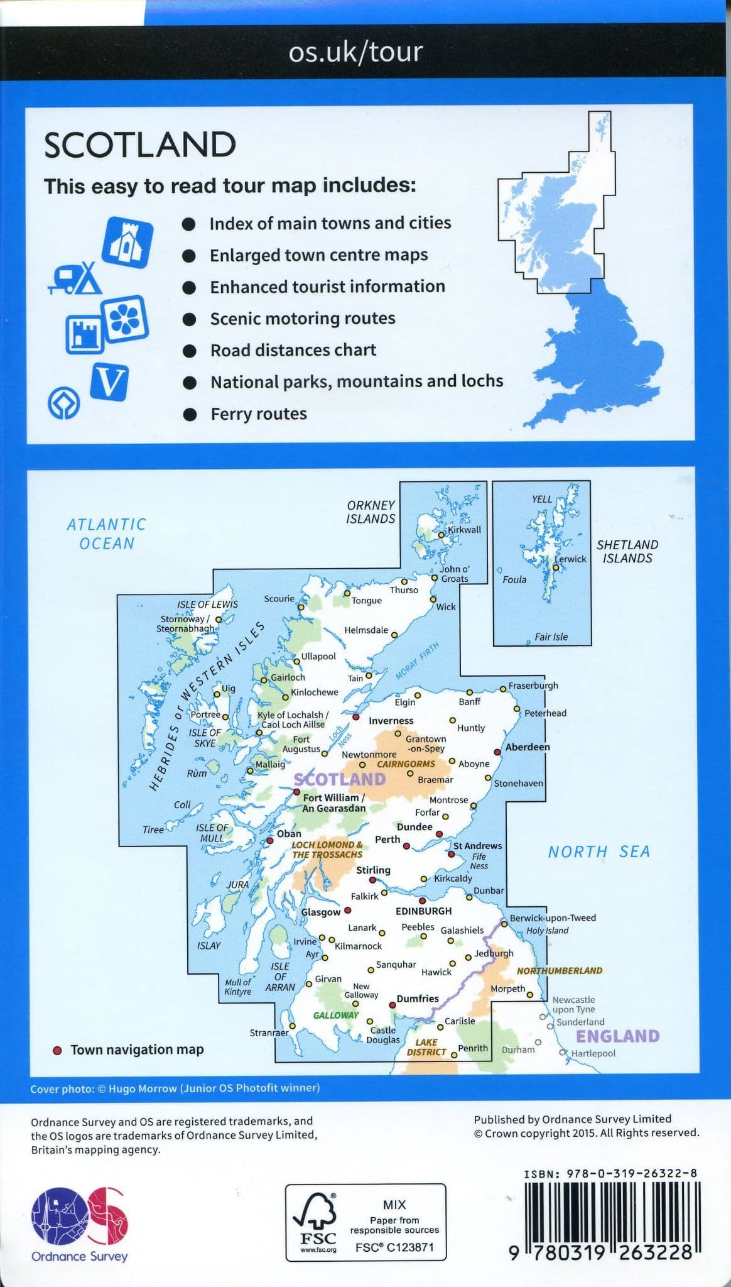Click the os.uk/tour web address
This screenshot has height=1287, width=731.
[x=355, y=52]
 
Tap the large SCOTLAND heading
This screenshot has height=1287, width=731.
[x=140, y=145]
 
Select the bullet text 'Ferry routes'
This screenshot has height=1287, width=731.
[x=258, y=414]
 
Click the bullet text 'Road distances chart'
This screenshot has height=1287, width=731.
[x=293, y=350]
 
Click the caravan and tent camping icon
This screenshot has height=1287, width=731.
[x=75, y=277]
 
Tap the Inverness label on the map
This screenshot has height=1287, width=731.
[x=391, y=721]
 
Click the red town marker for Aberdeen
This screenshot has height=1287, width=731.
[x=497, y=752]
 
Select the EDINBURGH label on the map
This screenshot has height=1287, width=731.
[x=423, y=911]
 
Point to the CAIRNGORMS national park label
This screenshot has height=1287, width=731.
[x=406, y=764]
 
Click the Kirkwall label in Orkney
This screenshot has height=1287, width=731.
[x=464, y=530]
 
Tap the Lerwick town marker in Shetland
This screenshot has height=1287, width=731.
[x=556, y=567]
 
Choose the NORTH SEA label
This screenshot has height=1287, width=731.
[x=598, y=852]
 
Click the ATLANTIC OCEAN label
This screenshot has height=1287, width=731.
[x=107, y=534]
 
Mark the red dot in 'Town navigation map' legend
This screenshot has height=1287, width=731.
[x=58, y=1050]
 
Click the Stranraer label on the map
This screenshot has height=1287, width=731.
[x=269, y=1032]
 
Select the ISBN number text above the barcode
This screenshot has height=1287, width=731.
[x=610, y=1173]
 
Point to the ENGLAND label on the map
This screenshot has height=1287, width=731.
[x=617, y=1036]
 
